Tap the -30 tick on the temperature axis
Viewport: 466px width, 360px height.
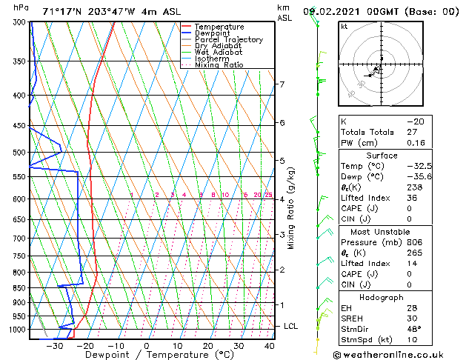pyautogui.click(x=54, y=345)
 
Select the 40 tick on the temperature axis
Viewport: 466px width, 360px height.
pyautogui.click(x=269, y=345)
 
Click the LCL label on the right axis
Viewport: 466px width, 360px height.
pyautogui.click(x=291, y=326)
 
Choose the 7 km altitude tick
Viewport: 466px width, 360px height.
pyautogui.click(x=282, y=84)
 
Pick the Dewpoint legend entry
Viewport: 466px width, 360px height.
pyautogui.click(x=214, y=33)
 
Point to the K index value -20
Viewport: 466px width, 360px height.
pyautogui.click(x=415, y=121)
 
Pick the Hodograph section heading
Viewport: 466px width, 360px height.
pyautogui.click(x=381, y=297)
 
